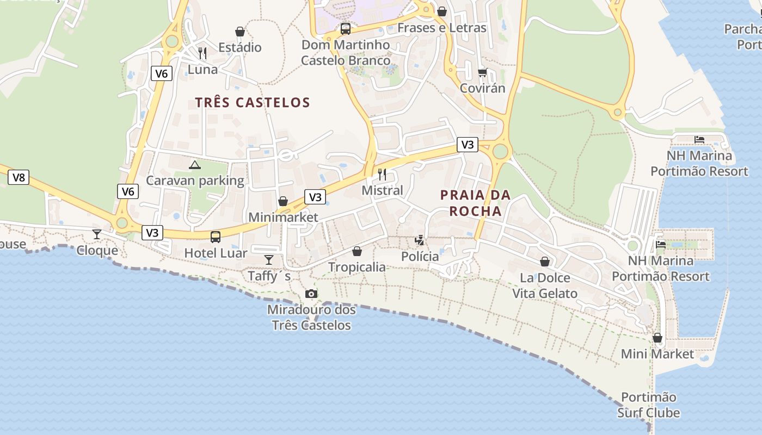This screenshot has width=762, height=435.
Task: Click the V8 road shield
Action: [x=19, y=177]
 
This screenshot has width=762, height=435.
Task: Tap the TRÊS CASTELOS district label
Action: [x=253, y=102]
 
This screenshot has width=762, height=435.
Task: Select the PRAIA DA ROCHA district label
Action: [x=476, y=203]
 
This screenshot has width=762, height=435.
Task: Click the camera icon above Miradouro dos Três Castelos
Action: [x=311, y=294]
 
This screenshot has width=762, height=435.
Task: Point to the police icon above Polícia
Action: [x=420, y=240]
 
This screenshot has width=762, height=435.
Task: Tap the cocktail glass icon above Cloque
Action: [x=97, y=234]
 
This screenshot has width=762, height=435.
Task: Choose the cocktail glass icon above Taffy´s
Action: [x=269, y=260]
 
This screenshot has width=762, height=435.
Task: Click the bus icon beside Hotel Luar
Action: [x=216, y=237]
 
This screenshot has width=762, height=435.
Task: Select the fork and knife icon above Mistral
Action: [x=382, y=175]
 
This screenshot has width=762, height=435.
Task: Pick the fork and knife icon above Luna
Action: [x=202, y=53]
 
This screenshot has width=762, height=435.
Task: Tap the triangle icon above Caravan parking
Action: [x=195, y=165]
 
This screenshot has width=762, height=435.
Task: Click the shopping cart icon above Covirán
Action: [x=482, y=72]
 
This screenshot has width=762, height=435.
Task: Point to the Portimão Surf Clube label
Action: [x=648, y=405]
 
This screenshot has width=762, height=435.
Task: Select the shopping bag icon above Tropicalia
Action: [x=357, y=251]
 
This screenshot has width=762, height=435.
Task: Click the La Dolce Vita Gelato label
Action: [x=545, y=285]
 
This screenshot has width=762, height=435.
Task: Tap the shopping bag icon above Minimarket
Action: [x=283, y=202]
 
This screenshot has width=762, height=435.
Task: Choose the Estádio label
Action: [x=240, y=47]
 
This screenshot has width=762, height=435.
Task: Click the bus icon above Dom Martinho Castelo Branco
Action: [x=346, y=29]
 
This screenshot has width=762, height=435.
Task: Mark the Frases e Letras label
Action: [x=442, y=28]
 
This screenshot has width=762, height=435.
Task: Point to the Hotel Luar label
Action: [x=216, y=253]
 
